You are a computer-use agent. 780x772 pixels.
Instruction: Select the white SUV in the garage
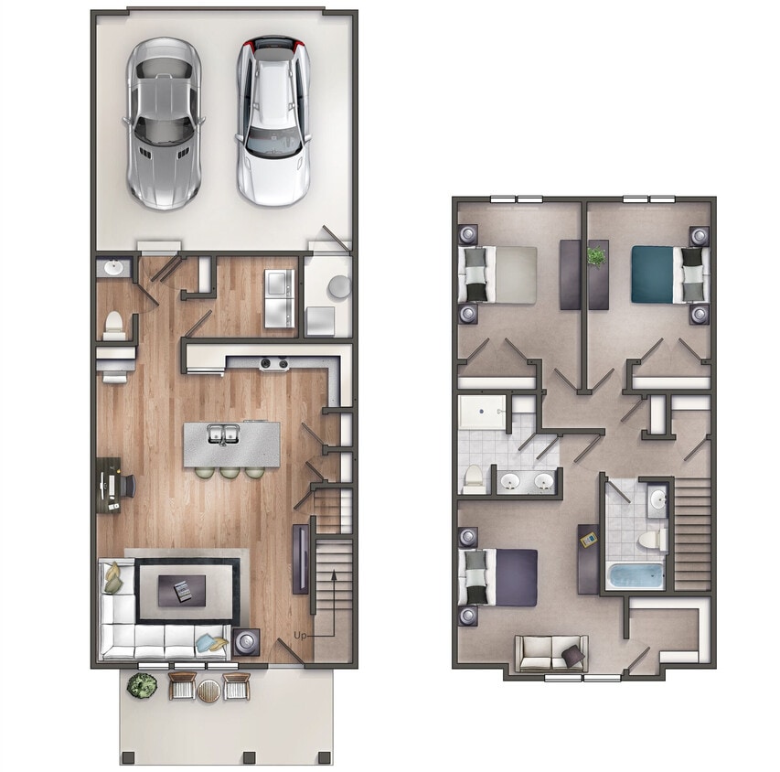coord(272,119)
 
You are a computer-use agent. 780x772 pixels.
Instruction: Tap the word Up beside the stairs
coord(299,634)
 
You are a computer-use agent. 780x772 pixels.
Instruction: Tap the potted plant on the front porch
coord(142,684)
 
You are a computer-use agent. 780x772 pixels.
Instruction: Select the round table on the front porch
coord(208,690)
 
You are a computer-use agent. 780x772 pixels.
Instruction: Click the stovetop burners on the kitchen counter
coord(272,364)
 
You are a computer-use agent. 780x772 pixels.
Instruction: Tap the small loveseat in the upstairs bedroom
coord(550,653)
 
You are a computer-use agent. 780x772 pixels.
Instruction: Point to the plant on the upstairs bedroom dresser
coord(598,258)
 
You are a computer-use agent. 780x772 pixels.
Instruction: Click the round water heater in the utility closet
coord(338,286)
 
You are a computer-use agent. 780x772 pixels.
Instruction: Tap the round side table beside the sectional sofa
coord(245,642)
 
